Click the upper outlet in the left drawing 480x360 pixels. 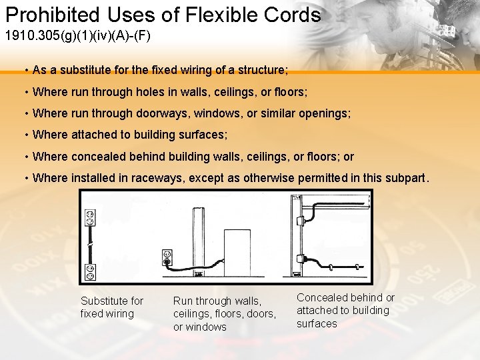(x=90, y=219)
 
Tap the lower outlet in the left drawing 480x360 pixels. (x=90, y=271)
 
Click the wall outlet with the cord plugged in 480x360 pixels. (x=167, y=257)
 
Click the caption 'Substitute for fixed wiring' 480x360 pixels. (x=111, y=307)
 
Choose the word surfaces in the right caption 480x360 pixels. (x=317, y=323)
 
